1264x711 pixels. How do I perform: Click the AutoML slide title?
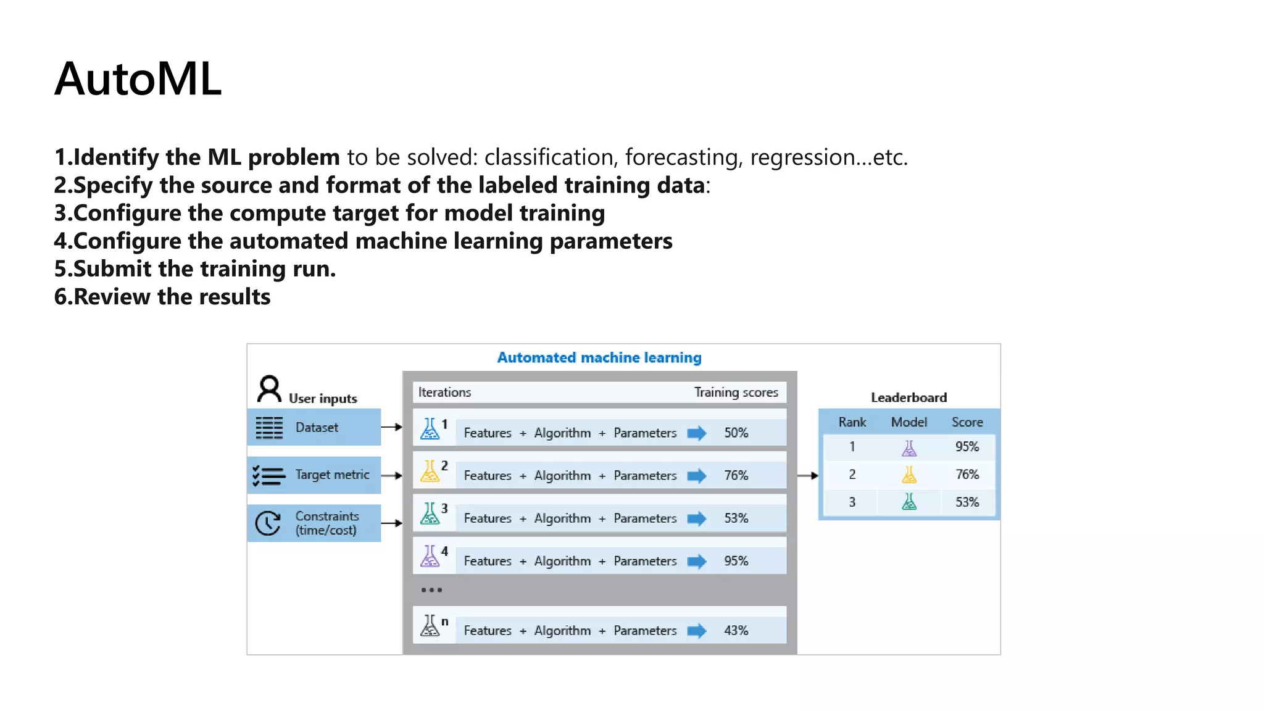point(138,80)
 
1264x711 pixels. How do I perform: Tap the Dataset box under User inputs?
point(314,427)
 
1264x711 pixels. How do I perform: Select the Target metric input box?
point(314,475)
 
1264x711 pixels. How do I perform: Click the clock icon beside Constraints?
point(268,523)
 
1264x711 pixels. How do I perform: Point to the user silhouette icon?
point(269,389)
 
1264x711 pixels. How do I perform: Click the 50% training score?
point(736,433)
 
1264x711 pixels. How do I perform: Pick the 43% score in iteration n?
point(736,630)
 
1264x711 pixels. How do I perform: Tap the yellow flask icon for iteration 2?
point(430,472)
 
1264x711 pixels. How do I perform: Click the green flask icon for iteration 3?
point(430,514)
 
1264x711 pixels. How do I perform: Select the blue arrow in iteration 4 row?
point(697,561)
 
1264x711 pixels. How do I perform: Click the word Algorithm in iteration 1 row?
point(562,433)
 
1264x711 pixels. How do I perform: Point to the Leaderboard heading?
point(908,397)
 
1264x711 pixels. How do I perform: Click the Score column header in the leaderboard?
point(967,422)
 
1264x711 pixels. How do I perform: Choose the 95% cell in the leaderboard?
point(967,446)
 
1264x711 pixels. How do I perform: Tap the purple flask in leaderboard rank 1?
point(909,448)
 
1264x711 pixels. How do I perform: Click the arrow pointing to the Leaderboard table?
point(808,475)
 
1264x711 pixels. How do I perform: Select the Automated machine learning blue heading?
point(599,357)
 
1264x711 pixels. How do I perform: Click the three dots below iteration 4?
point(431,590)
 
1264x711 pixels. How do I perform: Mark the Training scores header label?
point(736,392)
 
